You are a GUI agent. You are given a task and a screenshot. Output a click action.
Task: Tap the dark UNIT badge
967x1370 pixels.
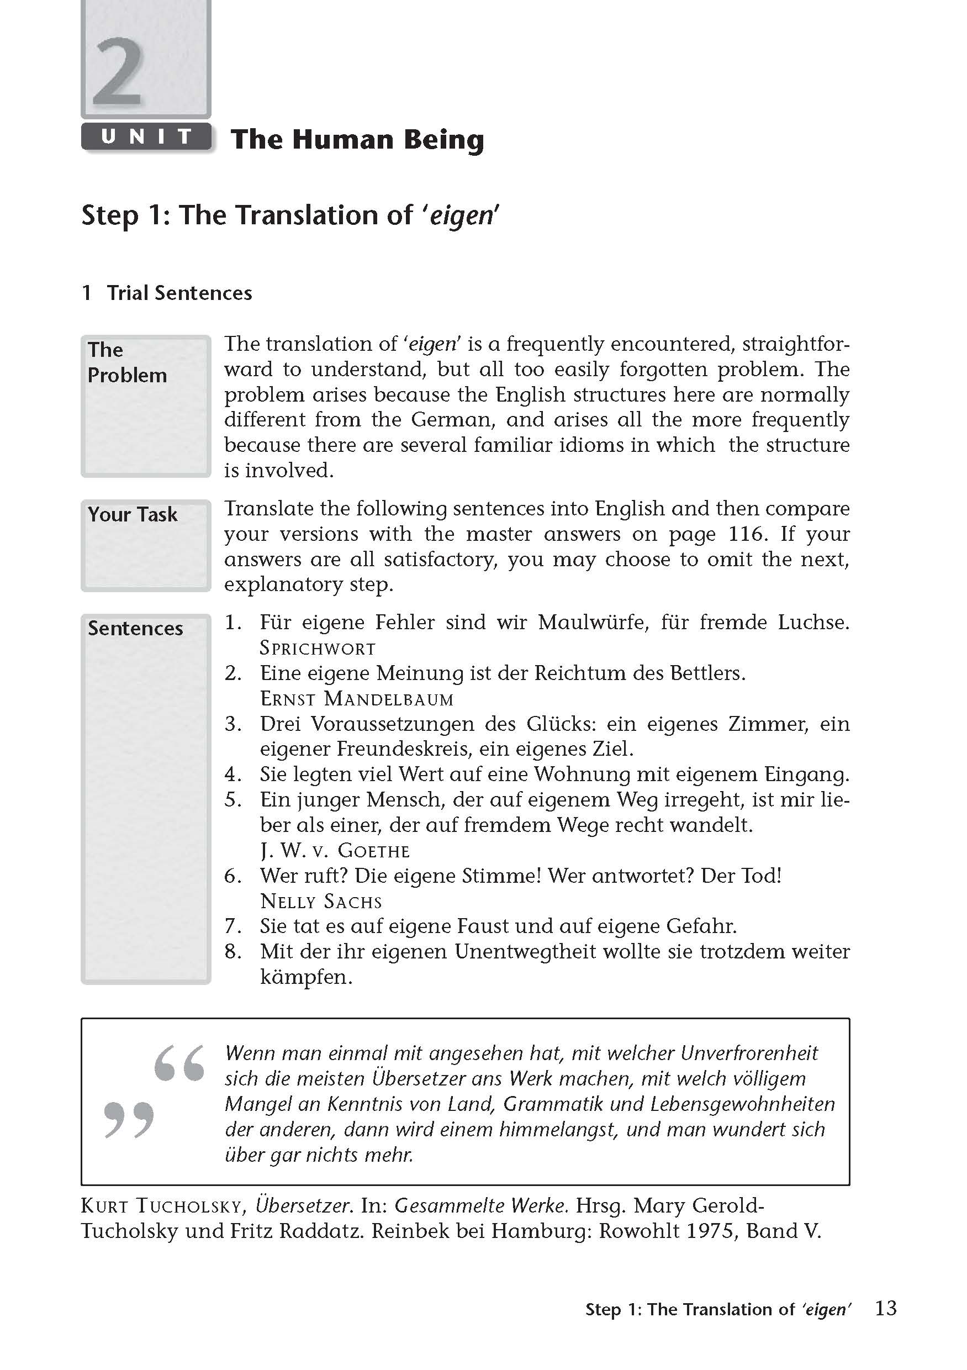tap(146, 136)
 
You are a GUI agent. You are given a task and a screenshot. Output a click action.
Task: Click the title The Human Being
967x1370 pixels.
tap(357, 140)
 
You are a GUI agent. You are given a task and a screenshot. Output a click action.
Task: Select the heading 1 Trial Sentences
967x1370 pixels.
tap(167, 293)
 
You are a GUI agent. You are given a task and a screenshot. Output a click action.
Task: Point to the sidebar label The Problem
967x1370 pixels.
tap(127, 362)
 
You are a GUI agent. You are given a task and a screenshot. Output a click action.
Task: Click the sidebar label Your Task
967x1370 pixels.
tap(133, 514)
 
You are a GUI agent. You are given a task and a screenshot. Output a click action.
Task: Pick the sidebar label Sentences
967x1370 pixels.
tap(135, 628)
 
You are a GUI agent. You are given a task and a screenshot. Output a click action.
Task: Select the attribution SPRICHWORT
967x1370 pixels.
tap(318, 649)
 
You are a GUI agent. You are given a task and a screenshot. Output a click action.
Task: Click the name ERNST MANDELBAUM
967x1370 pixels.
tap(357, 699)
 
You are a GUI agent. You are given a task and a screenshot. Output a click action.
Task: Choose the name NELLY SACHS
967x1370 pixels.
tap(321, 901)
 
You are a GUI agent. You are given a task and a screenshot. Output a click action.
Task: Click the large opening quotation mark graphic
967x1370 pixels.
tap(179, 1063)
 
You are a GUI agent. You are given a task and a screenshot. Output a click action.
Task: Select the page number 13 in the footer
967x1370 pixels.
tap(886, 1309)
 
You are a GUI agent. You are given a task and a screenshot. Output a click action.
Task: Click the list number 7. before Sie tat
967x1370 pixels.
tap(232, 926)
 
